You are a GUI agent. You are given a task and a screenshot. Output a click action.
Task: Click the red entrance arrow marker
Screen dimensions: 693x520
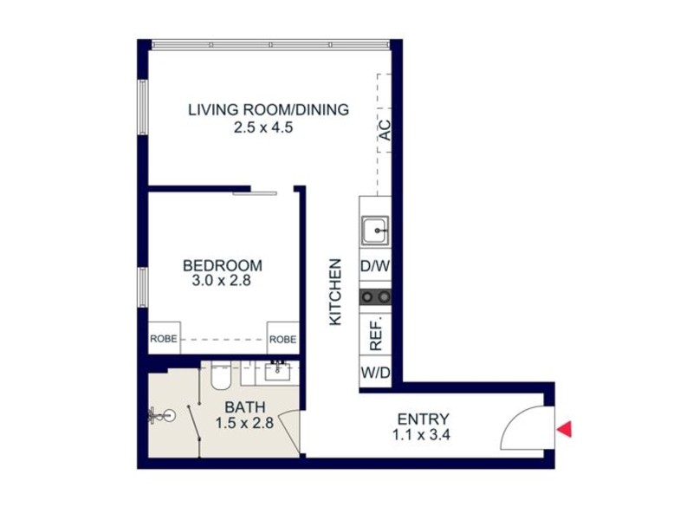[x=565, y=429]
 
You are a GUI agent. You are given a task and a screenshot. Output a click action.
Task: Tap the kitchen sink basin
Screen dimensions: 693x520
[x=375, y=231]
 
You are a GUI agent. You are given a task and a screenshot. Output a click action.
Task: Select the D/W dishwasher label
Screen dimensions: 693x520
[x=375, y=266]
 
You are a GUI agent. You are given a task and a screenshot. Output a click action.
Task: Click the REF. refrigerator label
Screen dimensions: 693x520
[x=375, y=334]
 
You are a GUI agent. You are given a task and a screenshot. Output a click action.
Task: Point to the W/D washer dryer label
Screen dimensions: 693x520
[x=376, y=373]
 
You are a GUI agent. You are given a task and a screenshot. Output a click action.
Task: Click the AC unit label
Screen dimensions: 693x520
[x=385, y=130]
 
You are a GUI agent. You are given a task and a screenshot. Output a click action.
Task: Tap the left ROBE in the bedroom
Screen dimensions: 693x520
[x=164, y=339]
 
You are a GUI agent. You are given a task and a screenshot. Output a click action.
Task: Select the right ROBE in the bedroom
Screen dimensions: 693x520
[x=283, y=339]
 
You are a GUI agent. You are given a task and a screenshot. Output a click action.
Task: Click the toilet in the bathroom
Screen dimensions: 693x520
[x=221, y=375]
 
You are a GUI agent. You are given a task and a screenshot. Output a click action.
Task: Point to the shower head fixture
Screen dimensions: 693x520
[x=162, y=416]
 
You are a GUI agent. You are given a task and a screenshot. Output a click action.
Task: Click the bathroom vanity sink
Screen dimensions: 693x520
[x=277, y=371]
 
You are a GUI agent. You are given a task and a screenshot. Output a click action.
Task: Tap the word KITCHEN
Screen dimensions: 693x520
[x=335, y=292]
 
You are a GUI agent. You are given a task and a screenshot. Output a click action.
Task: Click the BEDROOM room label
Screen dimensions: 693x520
[x=223, y=265]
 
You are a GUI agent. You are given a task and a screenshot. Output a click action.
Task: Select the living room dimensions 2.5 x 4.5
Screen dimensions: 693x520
[x=263, y=127]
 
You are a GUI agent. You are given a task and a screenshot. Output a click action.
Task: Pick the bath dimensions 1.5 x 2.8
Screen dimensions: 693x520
[x=244, y=423]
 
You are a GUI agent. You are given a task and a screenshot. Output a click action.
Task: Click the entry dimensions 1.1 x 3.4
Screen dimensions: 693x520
[x=421, y=435]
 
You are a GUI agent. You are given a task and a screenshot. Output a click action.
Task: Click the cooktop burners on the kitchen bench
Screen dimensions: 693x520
[x=375, y=296]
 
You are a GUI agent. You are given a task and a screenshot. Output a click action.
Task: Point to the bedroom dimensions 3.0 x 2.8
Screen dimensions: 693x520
[x=222, y=280]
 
